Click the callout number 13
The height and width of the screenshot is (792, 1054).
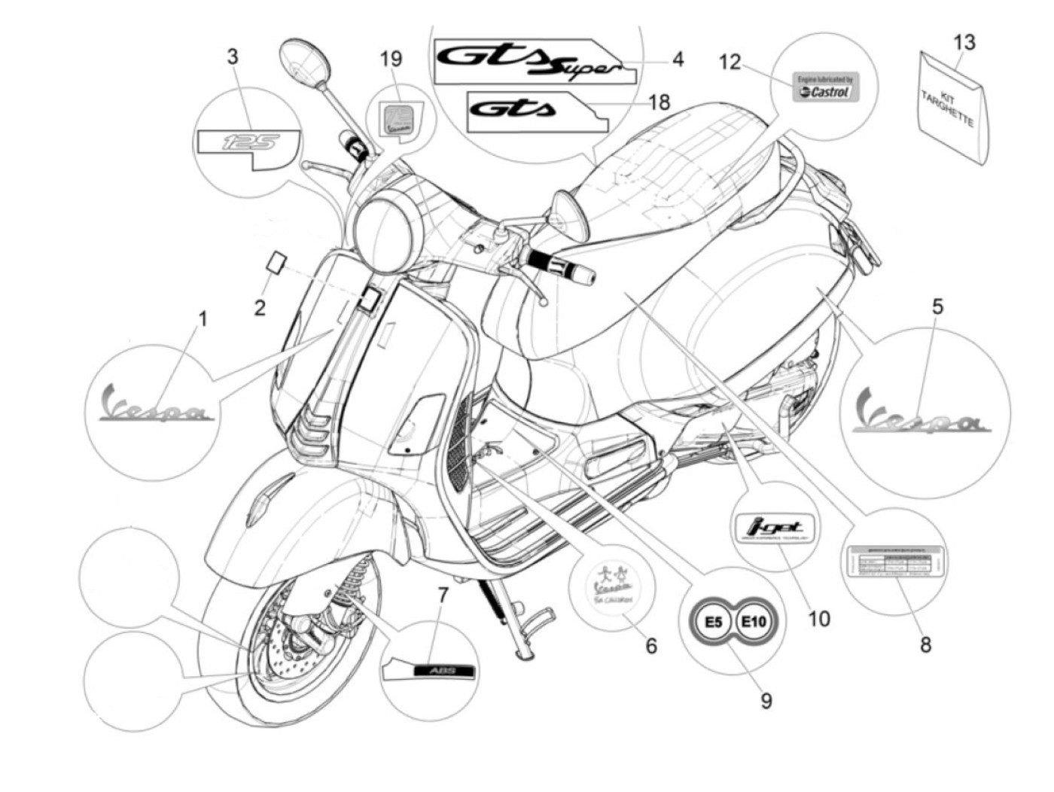[x=964, y=42]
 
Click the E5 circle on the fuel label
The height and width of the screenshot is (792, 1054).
[x=713, y=623]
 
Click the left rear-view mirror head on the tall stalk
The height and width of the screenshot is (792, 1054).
[x=304, y=62]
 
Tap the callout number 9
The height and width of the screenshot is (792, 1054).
[x=765, y=701]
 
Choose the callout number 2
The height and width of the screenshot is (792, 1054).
[x=259, y=307]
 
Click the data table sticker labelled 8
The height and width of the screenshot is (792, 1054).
[x=894, y=562]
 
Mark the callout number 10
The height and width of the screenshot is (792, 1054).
[x=818, y=619]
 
